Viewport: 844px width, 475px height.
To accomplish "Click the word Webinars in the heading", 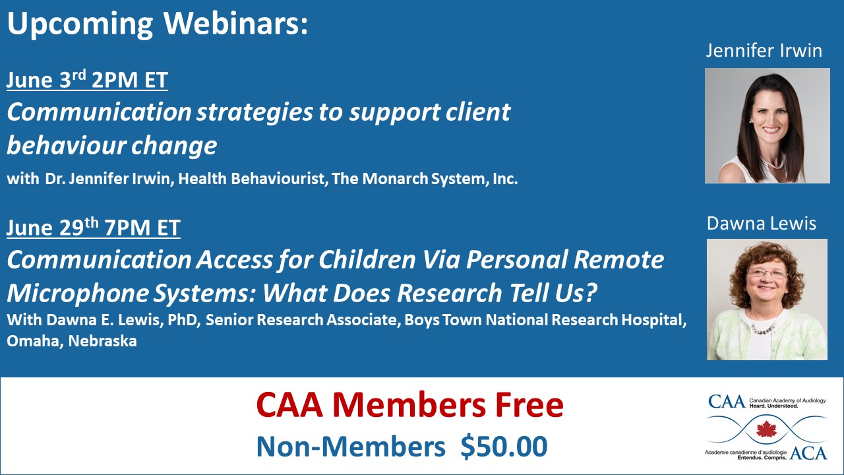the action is coord(235,23).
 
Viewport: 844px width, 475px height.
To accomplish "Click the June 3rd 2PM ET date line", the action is coord(87,79).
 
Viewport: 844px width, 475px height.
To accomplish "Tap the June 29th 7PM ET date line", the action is coord(94,227).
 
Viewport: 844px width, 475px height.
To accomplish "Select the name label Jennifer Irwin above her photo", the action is coord(764,51).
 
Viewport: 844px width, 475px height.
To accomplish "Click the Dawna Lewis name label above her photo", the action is coord(762,224).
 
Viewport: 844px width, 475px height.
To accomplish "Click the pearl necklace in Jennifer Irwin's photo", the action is coord(772,162).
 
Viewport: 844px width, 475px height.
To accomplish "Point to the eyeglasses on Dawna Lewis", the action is coord(767,273).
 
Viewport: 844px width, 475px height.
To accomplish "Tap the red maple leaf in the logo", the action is coord(766,429).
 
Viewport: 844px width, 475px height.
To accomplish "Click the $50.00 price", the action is coord(504,447).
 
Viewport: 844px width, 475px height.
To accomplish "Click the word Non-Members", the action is coord(351,447).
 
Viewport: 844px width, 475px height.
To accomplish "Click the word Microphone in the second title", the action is coord(77,294).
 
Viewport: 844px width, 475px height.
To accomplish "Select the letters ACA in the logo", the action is coord(808,453).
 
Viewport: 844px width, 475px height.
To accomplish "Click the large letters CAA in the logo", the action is coord(727,402).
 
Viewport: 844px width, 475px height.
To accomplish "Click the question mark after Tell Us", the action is coord(591,292).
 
